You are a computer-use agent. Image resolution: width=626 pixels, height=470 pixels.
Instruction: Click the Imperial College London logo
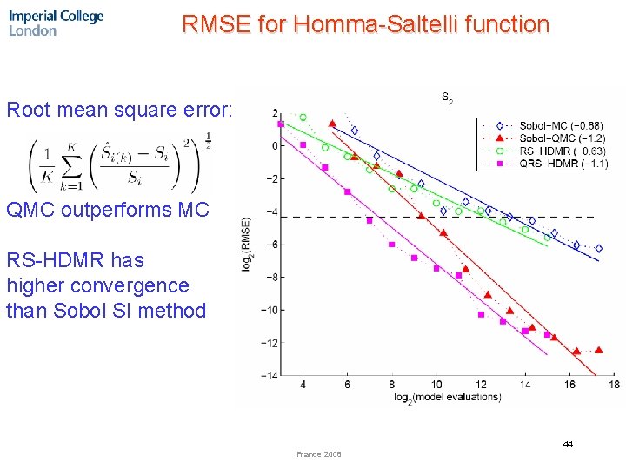click(56, 23)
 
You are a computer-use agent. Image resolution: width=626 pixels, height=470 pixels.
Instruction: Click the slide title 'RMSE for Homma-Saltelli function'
click(365, 24)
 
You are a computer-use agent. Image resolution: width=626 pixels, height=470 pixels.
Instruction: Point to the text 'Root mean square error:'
click(120, 111)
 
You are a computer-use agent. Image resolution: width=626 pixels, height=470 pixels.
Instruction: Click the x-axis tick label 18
click(614, 385)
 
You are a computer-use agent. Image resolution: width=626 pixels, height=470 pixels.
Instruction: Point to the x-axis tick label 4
click(303, 385)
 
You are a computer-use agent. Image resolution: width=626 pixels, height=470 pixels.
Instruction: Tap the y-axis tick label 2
click(275, 114)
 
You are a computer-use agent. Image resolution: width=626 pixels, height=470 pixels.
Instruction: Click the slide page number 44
click(567, 445)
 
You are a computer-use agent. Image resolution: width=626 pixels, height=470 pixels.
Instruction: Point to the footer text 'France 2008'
click(319, 454)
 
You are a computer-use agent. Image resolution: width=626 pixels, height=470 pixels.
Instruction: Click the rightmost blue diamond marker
click(598, 249)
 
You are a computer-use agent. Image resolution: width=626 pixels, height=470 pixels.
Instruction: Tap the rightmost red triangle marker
click(598, 350)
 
